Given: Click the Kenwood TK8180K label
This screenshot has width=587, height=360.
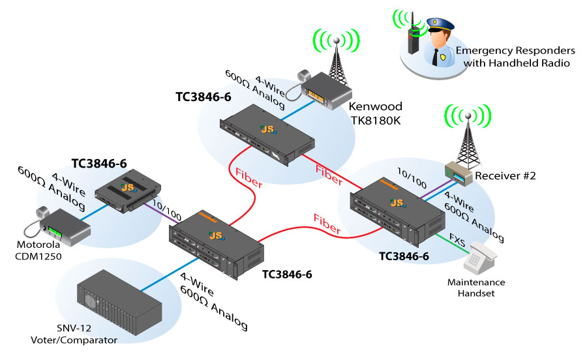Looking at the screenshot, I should (376, 112).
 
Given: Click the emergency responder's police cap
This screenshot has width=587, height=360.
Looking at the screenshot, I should (438, 27).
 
